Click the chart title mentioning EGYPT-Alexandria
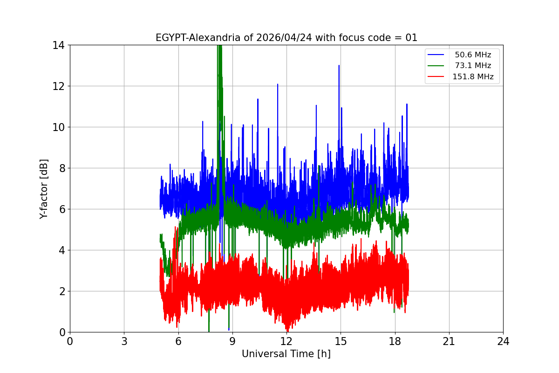286,38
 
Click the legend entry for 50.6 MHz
473,55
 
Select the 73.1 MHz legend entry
473,66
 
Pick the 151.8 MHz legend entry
473,77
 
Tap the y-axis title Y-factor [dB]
44,189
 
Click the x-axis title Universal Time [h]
286,354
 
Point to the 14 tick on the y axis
58,45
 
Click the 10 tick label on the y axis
58,127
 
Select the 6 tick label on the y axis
61,209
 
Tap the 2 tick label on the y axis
61,291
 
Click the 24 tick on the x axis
503,341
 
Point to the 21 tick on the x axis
449,341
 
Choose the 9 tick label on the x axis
232,341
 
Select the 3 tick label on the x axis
124,341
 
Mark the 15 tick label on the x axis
341,341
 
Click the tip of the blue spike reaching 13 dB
339,66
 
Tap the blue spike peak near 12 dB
278,85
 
